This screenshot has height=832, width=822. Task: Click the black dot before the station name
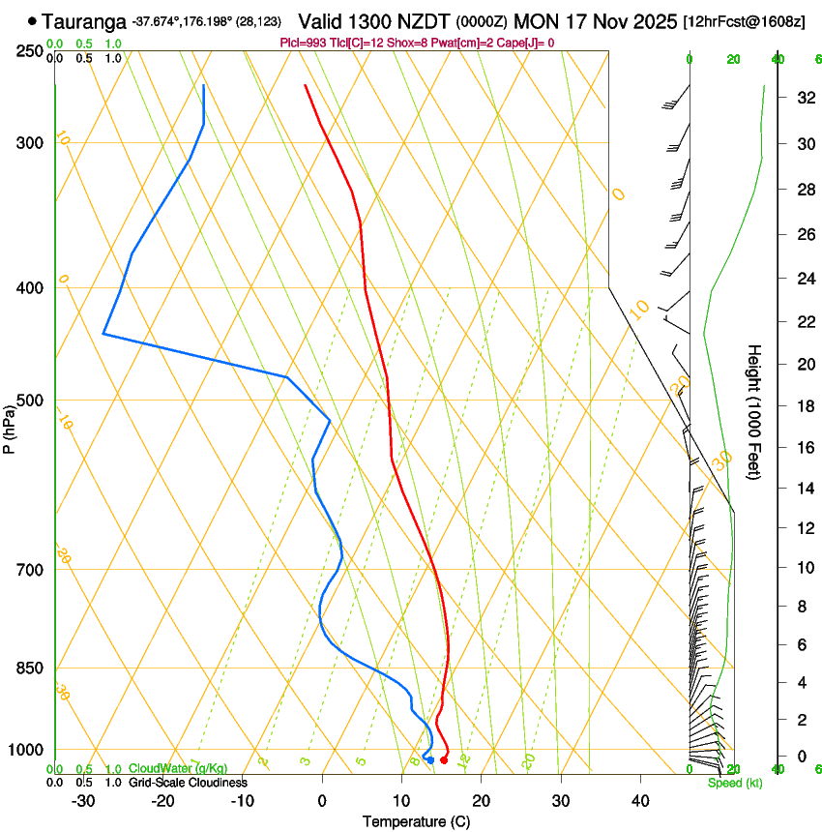(x=33, y=20)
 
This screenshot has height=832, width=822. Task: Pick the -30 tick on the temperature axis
(x=83, y=801)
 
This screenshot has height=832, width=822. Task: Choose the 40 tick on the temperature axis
(x=639, y=801)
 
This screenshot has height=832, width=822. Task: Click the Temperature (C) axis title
(x=416, y=821)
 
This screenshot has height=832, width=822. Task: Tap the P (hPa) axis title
(x=10, y=427)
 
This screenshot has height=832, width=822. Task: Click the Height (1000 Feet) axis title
(x=754, y=411)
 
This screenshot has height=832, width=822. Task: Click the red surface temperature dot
(x=444, y=759)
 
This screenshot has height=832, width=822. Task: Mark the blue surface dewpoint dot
(x=430, y=759)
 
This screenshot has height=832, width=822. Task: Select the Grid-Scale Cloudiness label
(x=189, y=783)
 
